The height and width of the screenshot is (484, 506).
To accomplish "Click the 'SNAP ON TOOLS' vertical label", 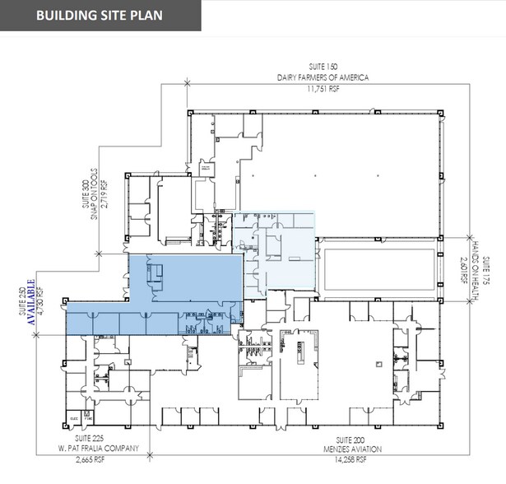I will click(106, 197).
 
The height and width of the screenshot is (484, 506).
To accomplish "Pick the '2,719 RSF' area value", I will click(116, 197).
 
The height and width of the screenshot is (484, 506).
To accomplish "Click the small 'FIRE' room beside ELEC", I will click(86, 417).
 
